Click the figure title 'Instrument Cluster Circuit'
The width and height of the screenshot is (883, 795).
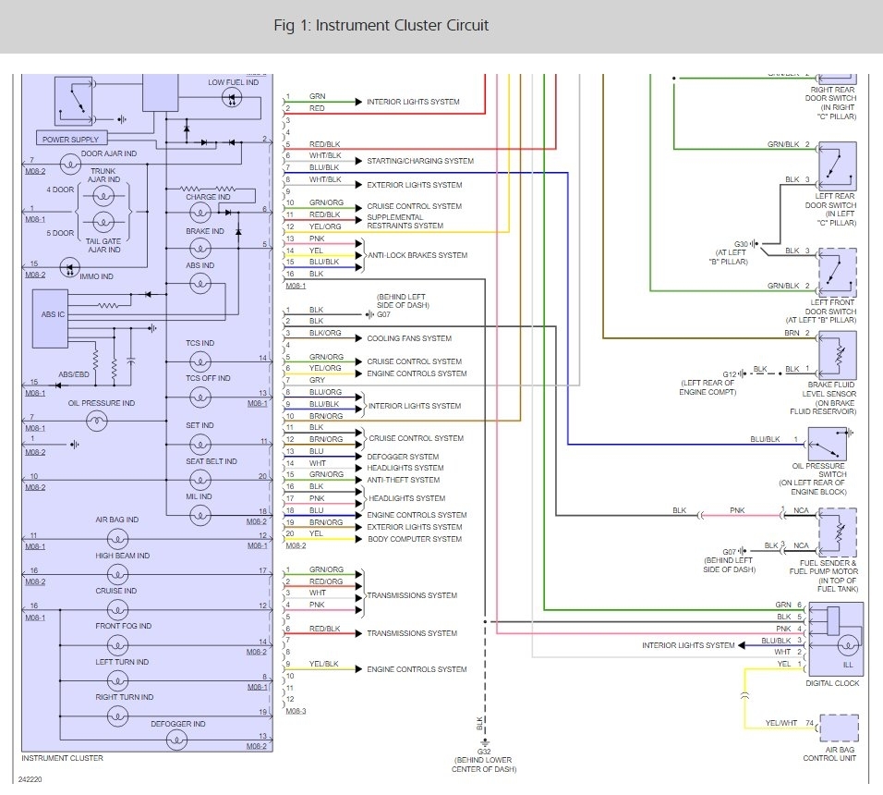pos(381,25)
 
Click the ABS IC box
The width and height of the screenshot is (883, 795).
pos(51,319)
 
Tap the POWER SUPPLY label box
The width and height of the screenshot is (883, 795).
pos(71,139)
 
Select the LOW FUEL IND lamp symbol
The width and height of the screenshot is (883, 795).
pos(232,99)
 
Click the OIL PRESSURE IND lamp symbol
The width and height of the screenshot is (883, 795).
pos(96,421)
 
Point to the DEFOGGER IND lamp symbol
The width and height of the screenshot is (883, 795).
pos(176,740)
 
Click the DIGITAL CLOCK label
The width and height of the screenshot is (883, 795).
pos(832,683)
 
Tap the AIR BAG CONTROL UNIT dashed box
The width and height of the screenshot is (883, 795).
pos(839,728)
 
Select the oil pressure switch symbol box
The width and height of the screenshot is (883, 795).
pos(828,444)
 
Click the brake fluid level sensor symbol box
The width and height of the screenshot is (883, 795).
pos(838,355)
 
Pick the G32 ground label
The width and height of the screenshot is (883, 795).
pos(484,751)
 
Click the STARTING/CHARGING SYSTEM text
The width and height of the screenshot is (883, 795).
pos(420,161)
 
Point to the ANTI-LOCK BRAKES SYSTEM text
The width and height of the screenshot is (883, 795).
pos(417,255)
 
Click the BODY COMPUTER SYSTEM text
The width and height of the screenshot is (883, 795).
pos(415,539)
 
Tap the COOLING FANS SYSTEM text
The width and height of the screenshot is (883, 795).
pos(409,338)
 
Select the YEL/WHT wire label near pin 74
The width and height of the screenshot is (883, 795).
pos(781,723)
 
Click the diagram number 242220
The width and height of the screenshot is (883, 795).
pos(30,779)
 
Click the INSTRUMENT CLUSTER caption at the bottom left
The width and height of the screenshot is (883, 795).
pos(63,758)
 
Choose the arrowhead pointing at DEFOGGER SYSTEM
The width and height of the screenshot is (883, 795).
pos(358,457)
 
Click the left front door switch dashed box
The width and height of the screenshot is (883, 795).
pos(838,273)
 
